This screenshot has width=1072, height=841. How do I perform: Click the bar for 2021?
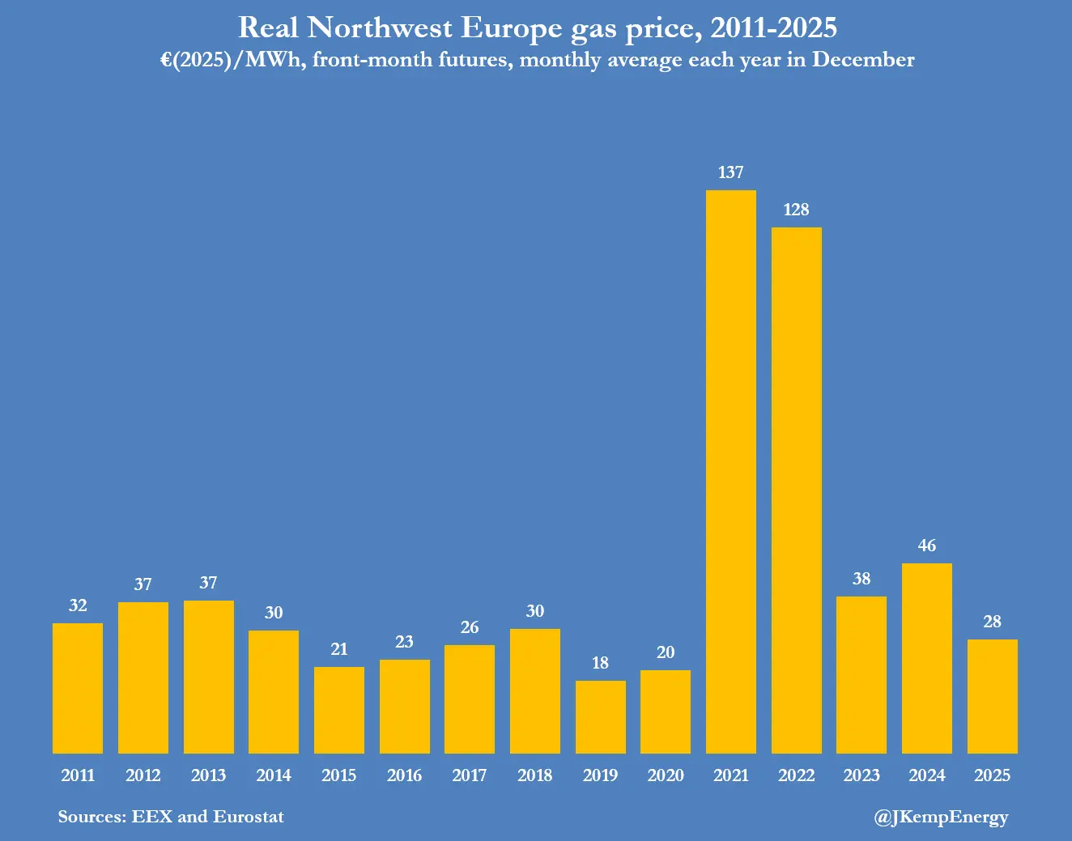(x=730, y=472)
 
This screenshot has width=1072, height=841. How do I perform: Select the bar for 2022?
(x=796, y=491)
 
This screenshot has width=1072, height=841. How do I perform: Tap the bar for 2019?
(x=600, y=717)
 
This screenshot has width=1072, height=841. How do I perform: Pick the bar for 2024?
(x=926, y=658)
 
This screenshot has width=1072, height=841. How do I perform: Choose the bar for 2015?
(x=338, y=710)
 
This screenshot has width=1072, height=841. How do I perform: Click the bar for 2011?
(x=78, y=688)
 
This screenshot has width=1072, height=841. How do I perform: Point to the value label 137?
(x=730, y=172)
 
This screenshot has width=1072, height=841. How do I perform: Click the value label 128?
(x=796, y=210)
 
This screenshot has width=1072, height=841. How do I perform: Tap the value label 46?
(x=926, y=546)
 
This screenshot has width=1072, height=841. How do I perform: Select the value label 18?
(x=600, y=663)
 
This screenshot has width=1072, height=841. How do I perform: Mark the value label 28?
(x=992, y=622)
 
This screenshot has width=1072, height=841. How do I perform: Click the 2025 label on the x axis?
(x=992, y=775)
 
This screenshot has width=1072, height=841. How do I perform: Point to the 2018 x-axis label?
(x=534, y=775)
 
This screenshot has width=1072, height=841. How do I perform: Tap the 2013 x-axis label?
(x=208, y=775)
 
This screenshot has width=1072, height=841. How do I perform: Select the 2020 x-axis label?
(x=666, y=775)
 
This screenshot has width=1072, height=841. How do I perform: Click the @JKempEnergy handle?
(x=941, y=818)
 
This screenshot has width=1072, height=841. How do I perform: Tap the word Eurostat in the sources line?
(x=249, y=816)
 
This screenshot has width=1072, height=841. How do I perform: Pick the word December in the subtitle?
(x=863, y=60)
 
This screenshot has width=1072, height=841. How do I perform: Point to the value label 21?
(x=338, y=649)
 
